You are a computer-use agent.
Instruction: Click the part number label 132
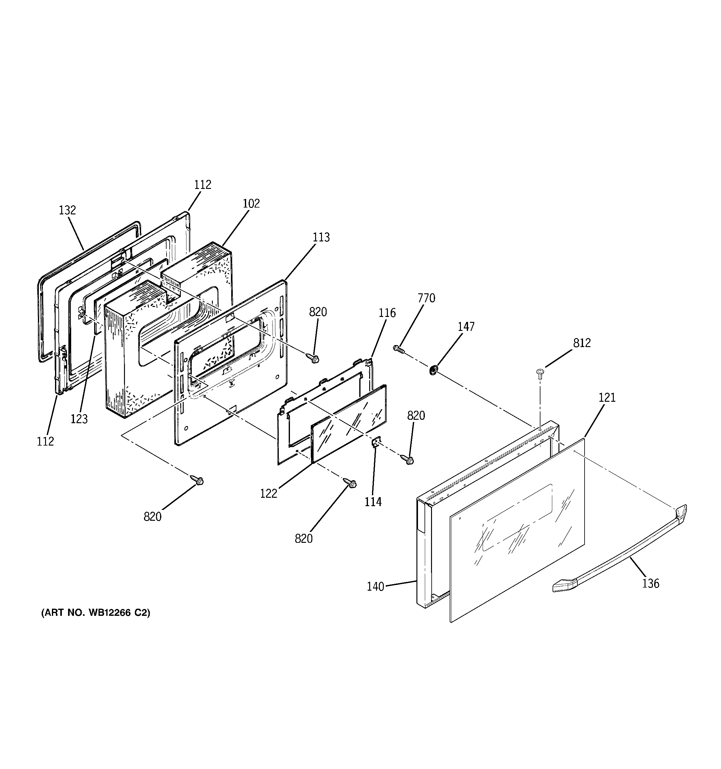(67, 210)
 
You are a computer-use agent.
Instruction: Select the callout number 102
(251, 204)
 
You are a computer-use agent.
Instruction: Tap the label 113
(321, 237)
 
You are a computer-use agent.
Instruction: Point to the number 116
(387, 313)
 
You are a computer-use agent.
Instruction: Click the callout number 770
(426, 298)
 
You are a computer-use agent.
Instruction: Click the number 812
(582, 343)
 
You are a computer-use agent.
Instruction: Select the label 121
(607, 397)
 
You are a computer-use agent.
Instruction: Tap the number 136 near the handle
(650, 583)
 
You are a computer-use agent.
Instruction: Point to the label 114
(373, 502)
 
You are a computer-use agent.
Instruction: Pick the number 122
(269, 494)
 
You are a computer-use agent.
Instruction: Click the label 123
(79, 419)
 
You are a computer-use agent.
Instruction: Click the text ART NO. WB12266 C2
(96, 613)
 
